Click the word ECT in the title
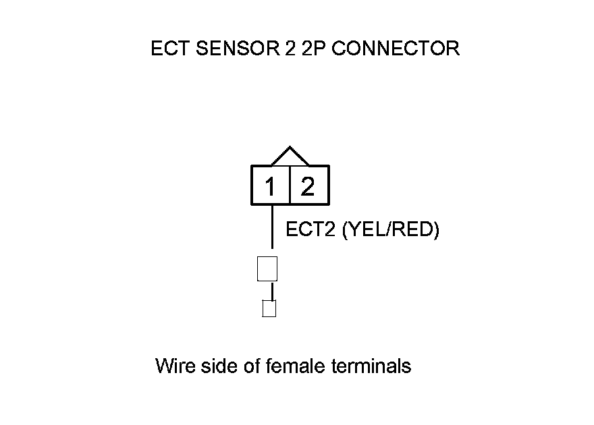click(x=166, y=49)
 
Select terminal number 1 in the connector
click(x=270, y=186)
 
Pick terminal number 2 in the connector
click(x=308, y=186)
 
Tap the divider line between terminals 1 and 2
click(x=290, y=185)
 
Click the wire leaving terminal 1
click(x=271, y=229)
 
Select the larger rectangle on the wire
click(x=268, y=268)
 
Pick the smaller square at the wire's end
click(x=269, y=308)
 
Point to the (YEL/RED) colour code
click(x=391, y=230)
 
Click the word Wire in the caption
click(x=173, y=366)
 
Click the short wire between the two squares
click(x=272, y=291)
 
